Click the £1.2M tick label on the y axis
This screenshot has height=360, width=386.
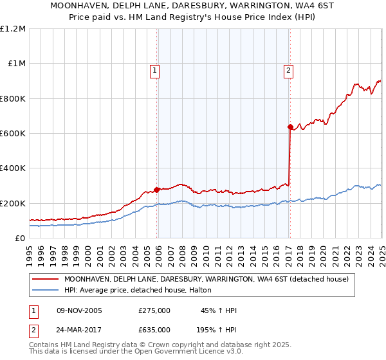13,29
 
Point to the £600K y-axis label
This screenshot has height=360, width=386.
13,134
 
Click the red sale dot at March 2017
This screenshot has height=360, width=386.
290,127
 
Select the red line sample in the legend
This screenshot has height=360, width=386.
45,279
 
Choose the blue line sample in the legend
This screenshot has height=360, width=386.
45,291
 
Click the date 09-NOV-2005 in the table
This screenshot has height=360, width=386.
79,310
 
